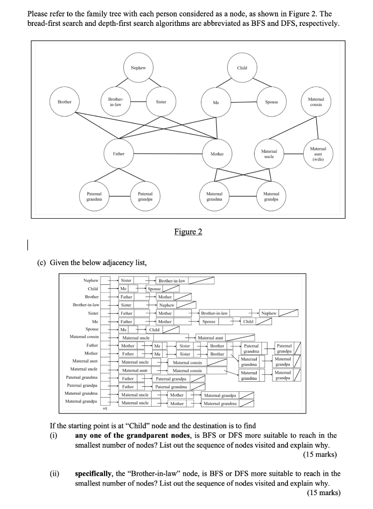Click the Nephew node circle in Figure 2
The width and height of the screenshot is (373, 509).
coord(138,68)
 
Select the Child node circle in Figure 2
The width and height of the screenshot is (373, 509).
coord(242,68)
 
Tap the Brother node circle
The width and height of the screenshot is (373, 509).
coord(64,101)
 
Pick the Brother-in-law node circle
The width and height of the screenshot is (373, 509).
coord(116,101)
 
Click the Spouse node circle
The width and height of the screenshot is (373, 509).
coord(272,101)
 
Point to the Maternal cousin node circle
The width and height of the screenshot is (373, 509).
coord(316,101)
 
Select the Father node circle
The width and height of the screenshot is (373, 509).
coord(118,154)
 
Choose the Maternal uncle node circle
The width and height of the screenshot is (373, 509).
coord(269,154)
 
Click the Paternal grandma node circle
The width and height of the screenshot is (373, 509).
coord(94,196)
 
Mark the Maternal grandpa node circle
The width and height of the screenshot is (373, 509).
coord(271,196)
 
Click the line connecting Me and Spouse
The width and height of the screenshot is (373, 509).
coord(244,102)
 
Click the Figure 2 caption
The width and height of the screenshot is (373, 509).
coord(188,232)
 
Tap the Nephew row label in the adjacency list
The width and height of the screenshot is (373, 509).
coord(91,280)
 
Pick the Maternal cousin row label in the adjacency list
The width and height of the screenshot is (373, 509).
coord(84,337)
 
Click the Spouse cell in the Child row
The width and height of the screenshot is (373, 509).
coord(154,289)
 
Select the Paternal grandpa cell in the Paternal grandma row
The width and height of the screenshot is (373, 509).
coord(171,379)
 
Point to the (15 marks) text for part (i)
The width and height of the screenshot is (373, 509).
coord(320,454)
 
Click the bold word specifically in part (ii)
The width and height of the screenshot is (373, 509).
coord(94,474)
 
